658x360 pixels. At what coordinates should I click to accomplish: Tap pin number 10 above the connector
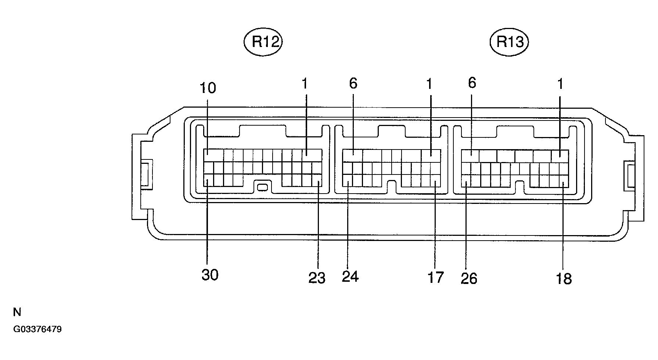tap(208, 88)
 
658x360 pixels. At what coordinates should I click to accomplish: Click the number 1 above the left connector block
tap(304, 84)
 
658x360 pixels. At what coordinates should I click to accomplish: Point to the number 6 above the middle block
tap(353, 84)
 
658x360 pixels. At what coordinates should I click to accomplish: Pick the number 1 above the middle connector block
tap(429, 84)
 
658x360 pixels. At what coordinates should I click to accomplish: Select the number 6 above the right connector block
tap(472, 83)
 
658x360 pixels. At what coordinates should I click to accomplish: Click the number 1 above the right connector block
tap(560, 84)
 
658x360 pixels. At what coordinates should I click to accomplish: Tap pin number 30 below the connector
tap(210, 275)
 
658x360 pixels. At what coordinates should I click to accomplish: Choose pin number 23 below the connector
tap(317, 278)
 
